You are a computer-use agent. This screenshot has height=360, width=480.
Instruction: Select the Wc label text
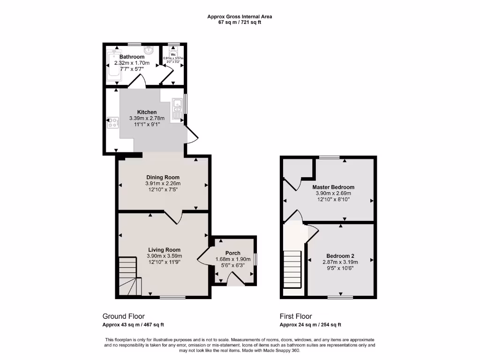pos(173,54)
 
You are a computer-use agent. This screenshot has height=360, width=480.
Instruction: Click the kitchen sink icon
pos(177,109)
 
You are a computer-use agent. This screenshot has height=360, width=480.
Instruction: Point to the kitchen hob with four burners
pos(112,123)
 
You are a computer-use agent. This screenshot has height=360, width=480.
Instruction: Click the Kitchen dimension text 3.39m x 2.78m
pos(147,119)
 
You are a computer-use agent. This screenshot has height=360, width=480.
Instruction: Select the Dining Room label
pos(163,177)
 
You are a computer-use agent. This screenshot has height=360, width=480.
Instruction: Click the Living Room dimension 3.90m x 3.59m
pos(164,256)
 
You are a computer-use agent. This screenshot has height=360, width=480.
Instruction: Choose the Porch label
pos(232,253)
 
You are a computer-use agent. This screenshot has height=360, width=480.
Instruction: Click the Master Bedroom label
pos(333,187)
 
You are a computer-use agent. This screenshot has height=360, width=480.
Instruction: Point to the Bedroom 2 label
pos(340,255)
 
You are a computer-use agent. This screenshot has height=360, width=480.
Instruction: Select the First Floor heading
pos(295,316)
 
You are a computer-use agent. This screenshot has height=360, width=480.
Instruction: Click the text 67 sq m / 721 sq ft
pos(240,22)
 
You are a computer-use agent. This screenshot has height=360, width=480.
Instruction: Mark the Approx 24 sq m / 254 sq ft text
pos(310,325)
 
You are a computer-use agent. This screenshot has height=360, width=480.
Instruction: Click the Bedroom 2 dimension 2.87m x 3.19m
pos(340,262)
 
